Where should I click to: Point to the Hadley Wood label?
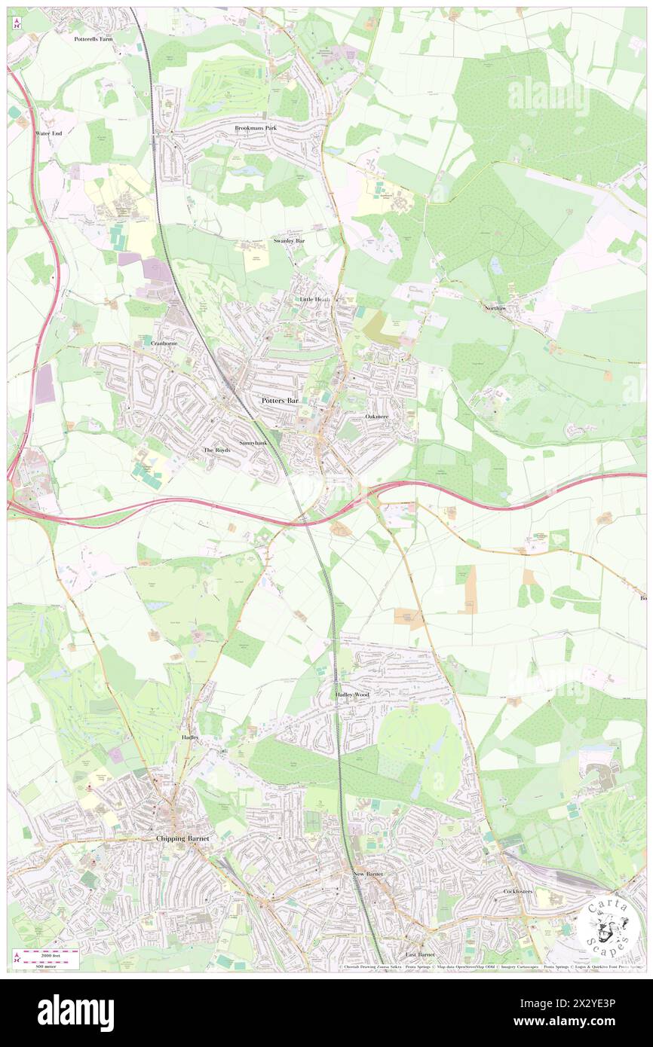pyautogui.click(x=352, y=694)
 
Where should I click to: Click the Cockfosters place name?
pyautogui.click(x=518, y=891)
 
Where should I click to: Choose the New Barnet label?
pyautogui.click(x=369, y=874)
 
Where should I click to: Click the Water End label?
pyautogui.click(x=49, y=133)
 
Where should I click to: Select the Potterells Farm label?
pyautogui.click(x=93, y=38)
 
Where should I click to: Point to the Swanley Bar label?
pyautogui.click(x=289, y=240)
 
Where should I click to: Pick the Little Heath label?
pyautogui.click(x=310, y=299)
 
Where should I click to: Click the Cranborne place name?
pyautogui.click(x=164, y=343)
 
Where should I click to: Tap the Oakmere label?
pyautogui.click(x=376, y=417)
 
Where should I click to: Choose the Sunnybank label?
pyautogui.click(x=253, y=443)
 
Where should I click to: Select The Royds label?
pyautogui.click(x=216, y=450)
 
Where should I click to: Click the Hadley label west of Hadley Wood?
pyautogui.click(x=190, y=737)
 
